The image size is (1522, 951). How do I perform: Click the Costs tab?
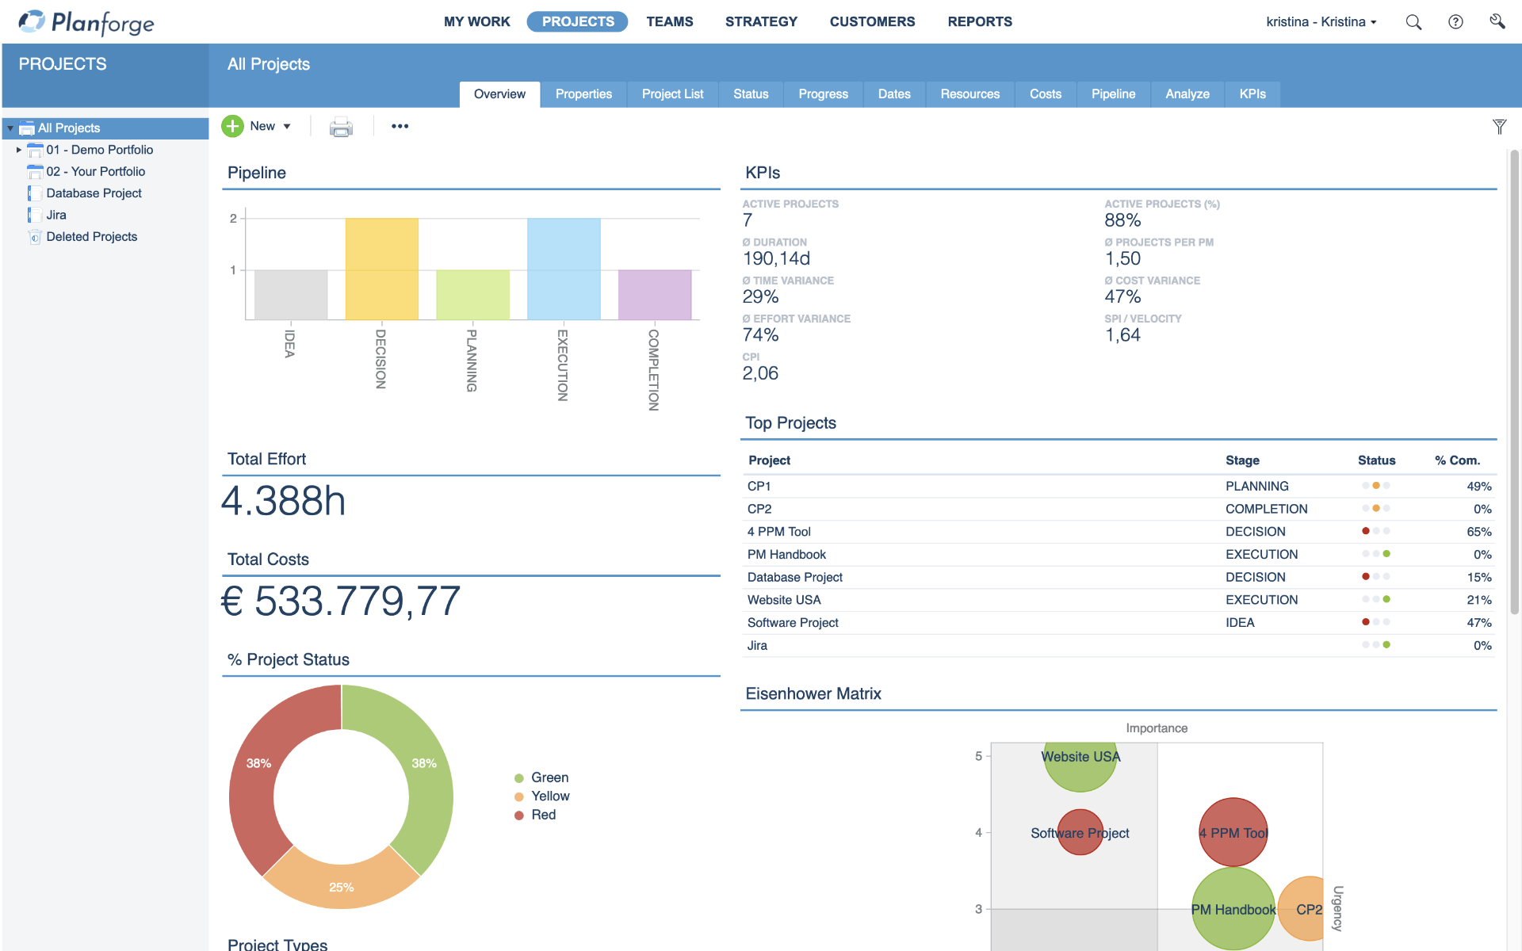point(1045,94)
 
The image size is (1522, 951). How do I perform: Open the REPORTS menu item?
point(980,21)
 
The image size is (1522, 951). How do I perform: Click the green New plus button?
point(232,126)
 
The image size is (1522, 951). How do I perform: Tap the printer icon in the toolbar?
point(341,127)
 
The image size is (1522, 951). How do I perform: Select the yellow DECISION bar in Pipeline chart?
point(381,269)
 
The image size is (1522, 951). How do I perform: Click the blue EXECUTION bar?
point(564,269)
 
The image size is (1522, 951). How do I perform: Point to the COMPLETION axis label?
point(653,369)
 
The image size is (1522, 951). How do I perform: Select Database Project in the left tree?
point(94,193)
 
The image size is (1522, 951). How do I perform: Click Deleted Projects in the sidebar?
point(91,237)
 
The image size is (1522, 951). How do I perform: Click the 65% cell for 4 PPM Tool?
point(1478,532)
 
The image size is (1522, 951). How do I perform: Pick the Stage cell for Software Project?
point(1240,623)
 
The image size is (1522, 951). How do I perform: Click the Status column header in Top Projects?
point(1376,460)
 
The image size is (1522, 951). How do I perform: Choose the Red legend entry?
point(543,815)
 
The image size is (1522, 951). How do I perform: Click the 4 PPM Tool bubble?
point(1233,832)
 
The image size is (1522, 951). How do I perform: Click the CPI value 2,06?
point(760,373)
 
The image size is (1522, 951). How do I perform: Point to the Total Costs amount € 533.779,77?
point(341,602)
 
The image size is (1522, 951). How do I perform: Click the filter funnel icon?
point(1499,127)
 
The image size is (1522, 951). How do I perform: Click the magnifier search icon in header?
point(1413,22)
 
